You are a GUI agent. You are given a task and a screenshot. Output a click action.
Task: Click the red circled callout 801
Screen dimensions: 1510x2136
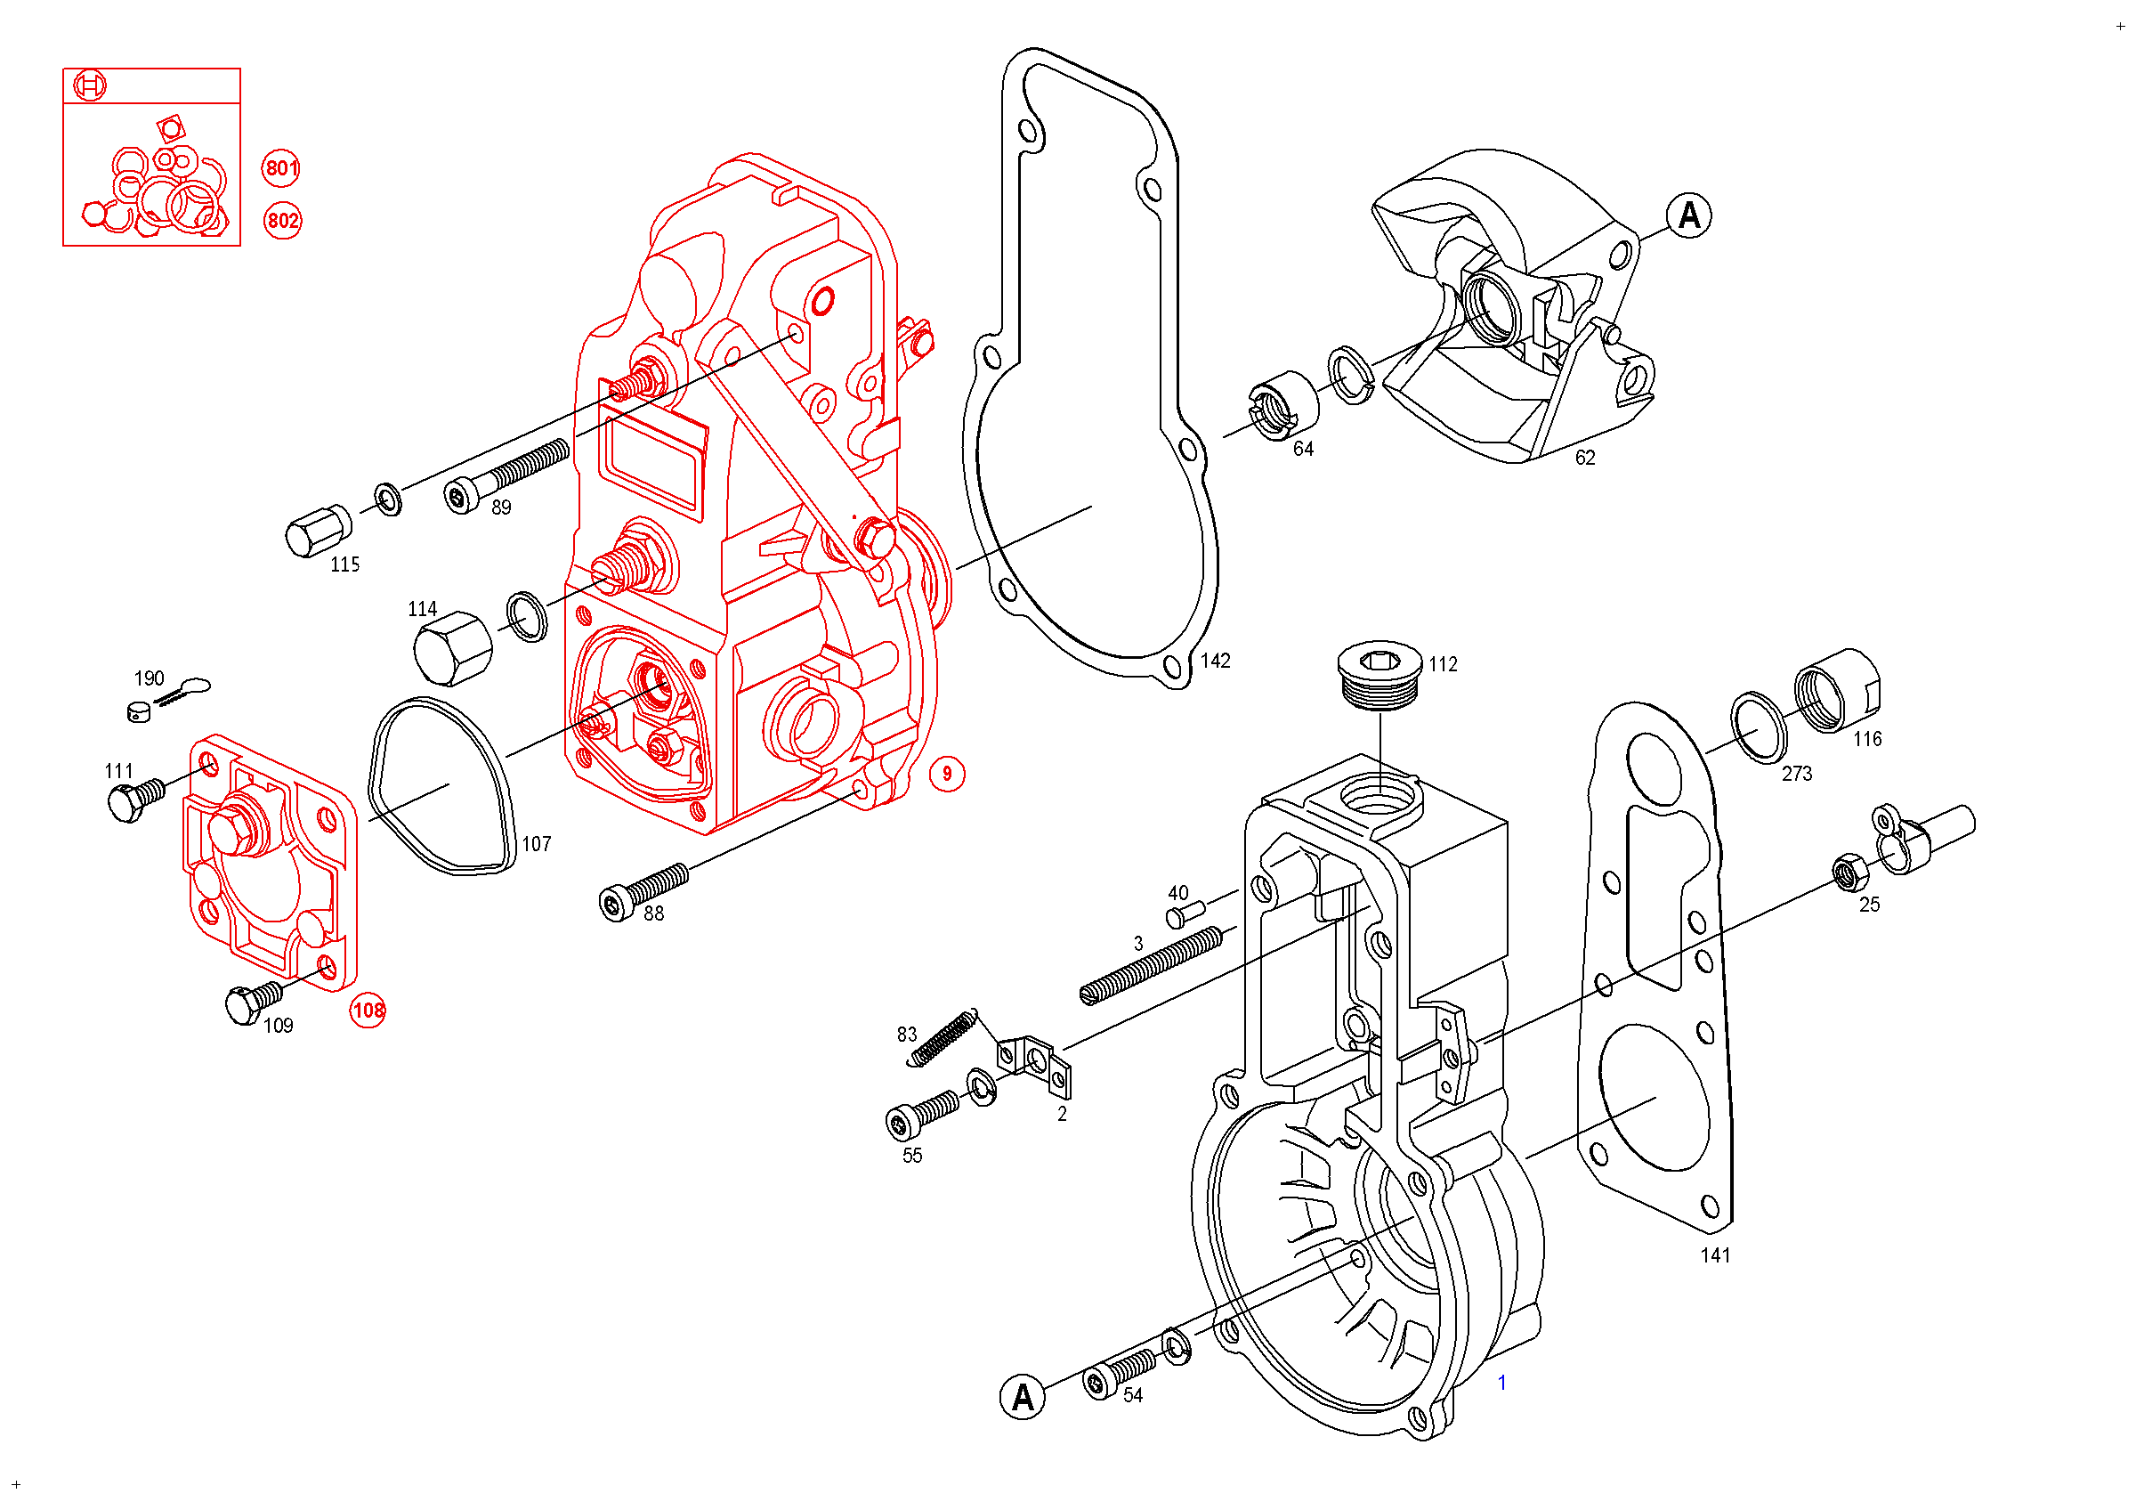[x=280, y=168]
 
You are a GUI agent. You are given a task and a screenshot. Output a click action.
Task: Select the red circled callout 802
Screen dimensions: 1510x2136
[x=282, y=221]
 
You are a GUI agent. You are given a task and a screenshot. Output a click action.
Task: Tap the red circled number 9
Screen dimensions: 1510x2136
[x=947, y=774]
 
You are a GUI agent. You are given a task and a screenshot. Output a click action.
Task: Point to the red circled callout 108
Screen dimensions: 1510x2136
[x=368, y=1011]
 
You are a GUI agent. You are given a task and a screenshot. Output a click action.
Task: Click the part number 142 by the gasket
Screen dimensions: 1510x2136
[x=1215, y=662]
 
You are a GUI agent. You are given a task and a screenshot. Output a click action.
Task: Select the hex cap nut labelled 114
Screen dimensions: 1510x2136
[x=452, y=647]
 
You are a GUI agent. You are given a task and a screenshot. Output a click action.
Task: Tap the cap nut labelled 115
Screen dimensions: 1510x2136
[x=317, y=532]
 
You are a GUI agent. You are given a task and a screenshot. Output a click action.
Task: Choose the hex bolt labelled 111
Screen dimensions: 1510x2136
[x=136, y=800]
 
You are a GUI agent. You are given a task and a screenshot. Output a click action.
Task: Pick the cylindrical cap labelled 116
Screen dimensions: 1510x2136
[x=1835, y=691]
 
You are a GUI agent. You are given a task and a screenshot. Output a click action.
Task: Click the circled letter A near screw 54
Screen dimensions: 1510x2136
[x=1022, y=1398]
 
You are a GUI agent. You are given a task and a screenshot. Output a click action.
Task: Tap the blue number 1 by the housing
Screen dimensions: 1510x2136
[x=1501, y=1384]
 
